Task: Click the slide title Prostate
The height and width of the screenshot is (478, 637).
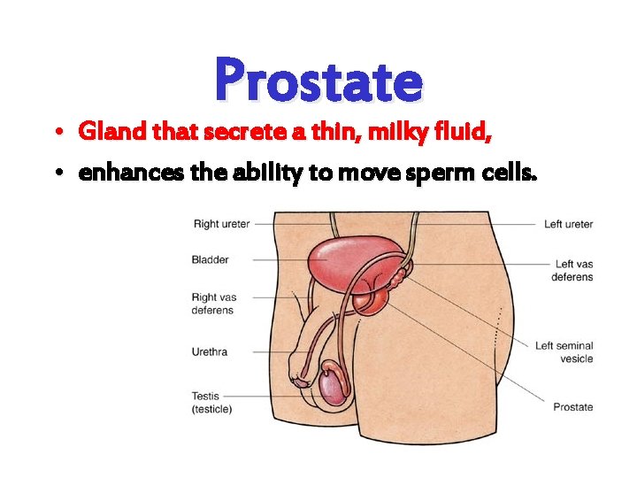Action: (318, 79)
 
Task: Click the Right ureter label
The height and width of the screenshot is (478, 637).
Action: (221, 224)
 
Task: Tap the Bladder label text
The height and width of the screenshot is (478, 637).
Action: (210, 259)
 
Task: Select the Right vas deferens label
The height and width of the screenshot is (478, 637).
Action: (212, 304)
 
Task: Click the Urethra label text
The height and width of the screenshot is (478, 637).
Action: (210, 351)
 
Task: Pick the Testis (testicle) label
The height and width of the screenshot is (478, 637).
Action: (212, 403)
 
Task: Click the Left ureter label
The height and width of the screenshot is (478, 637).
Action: (568, 224)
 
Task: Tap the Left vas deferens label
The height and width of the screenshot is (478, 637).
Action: (572, 270)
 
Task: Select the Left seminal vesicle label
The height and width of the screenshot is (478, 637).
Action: (564, 352)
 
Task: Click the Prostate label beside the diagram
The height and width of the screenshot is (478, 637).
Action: (572, 407)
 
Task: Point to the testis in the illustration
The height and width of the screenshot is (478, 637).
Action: (333, 386)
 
